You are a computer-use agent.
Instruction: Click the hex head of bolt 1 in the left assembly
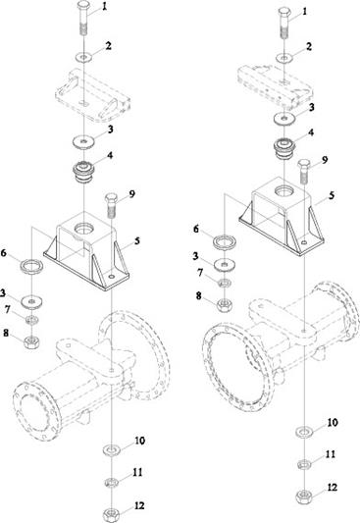83,6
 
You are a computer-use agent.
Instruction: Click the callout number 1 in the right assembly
304,12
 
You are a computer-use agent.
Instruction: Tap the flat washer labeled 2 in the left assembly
84,57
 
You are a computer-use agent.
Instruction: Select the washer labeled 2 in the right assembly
284,58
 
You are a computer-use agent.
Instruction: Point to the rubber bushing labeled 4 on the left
84,172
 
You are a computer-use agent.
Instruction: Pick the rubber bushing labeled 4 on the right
284,148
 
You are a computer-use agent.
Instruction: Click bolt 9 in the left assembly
111,205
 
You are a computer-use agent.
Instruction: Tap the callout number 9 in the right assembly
325,160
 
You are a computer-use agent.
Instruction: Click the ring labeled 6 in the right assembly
226,242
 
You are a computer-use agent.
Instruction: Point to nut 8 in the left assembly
32,341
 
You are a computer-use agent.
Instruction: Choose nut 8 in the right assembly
225,305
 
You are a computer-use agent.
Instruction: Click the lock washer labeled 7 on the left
32,320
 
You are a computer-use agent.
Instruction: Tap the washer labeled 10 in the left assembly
111,450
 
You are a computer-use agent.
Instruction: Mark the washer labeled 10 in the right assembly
304,432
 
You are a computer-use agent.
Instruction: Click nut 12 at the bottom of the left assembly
111,515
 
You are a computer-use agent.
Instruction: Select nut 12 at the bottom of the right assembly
304,497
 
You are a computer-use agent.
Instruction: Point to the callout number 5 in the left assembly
136,240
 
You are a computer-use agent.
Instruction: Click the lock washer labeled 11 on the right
304,464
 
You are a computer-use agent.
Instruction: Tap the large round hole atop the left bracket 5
84,229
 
